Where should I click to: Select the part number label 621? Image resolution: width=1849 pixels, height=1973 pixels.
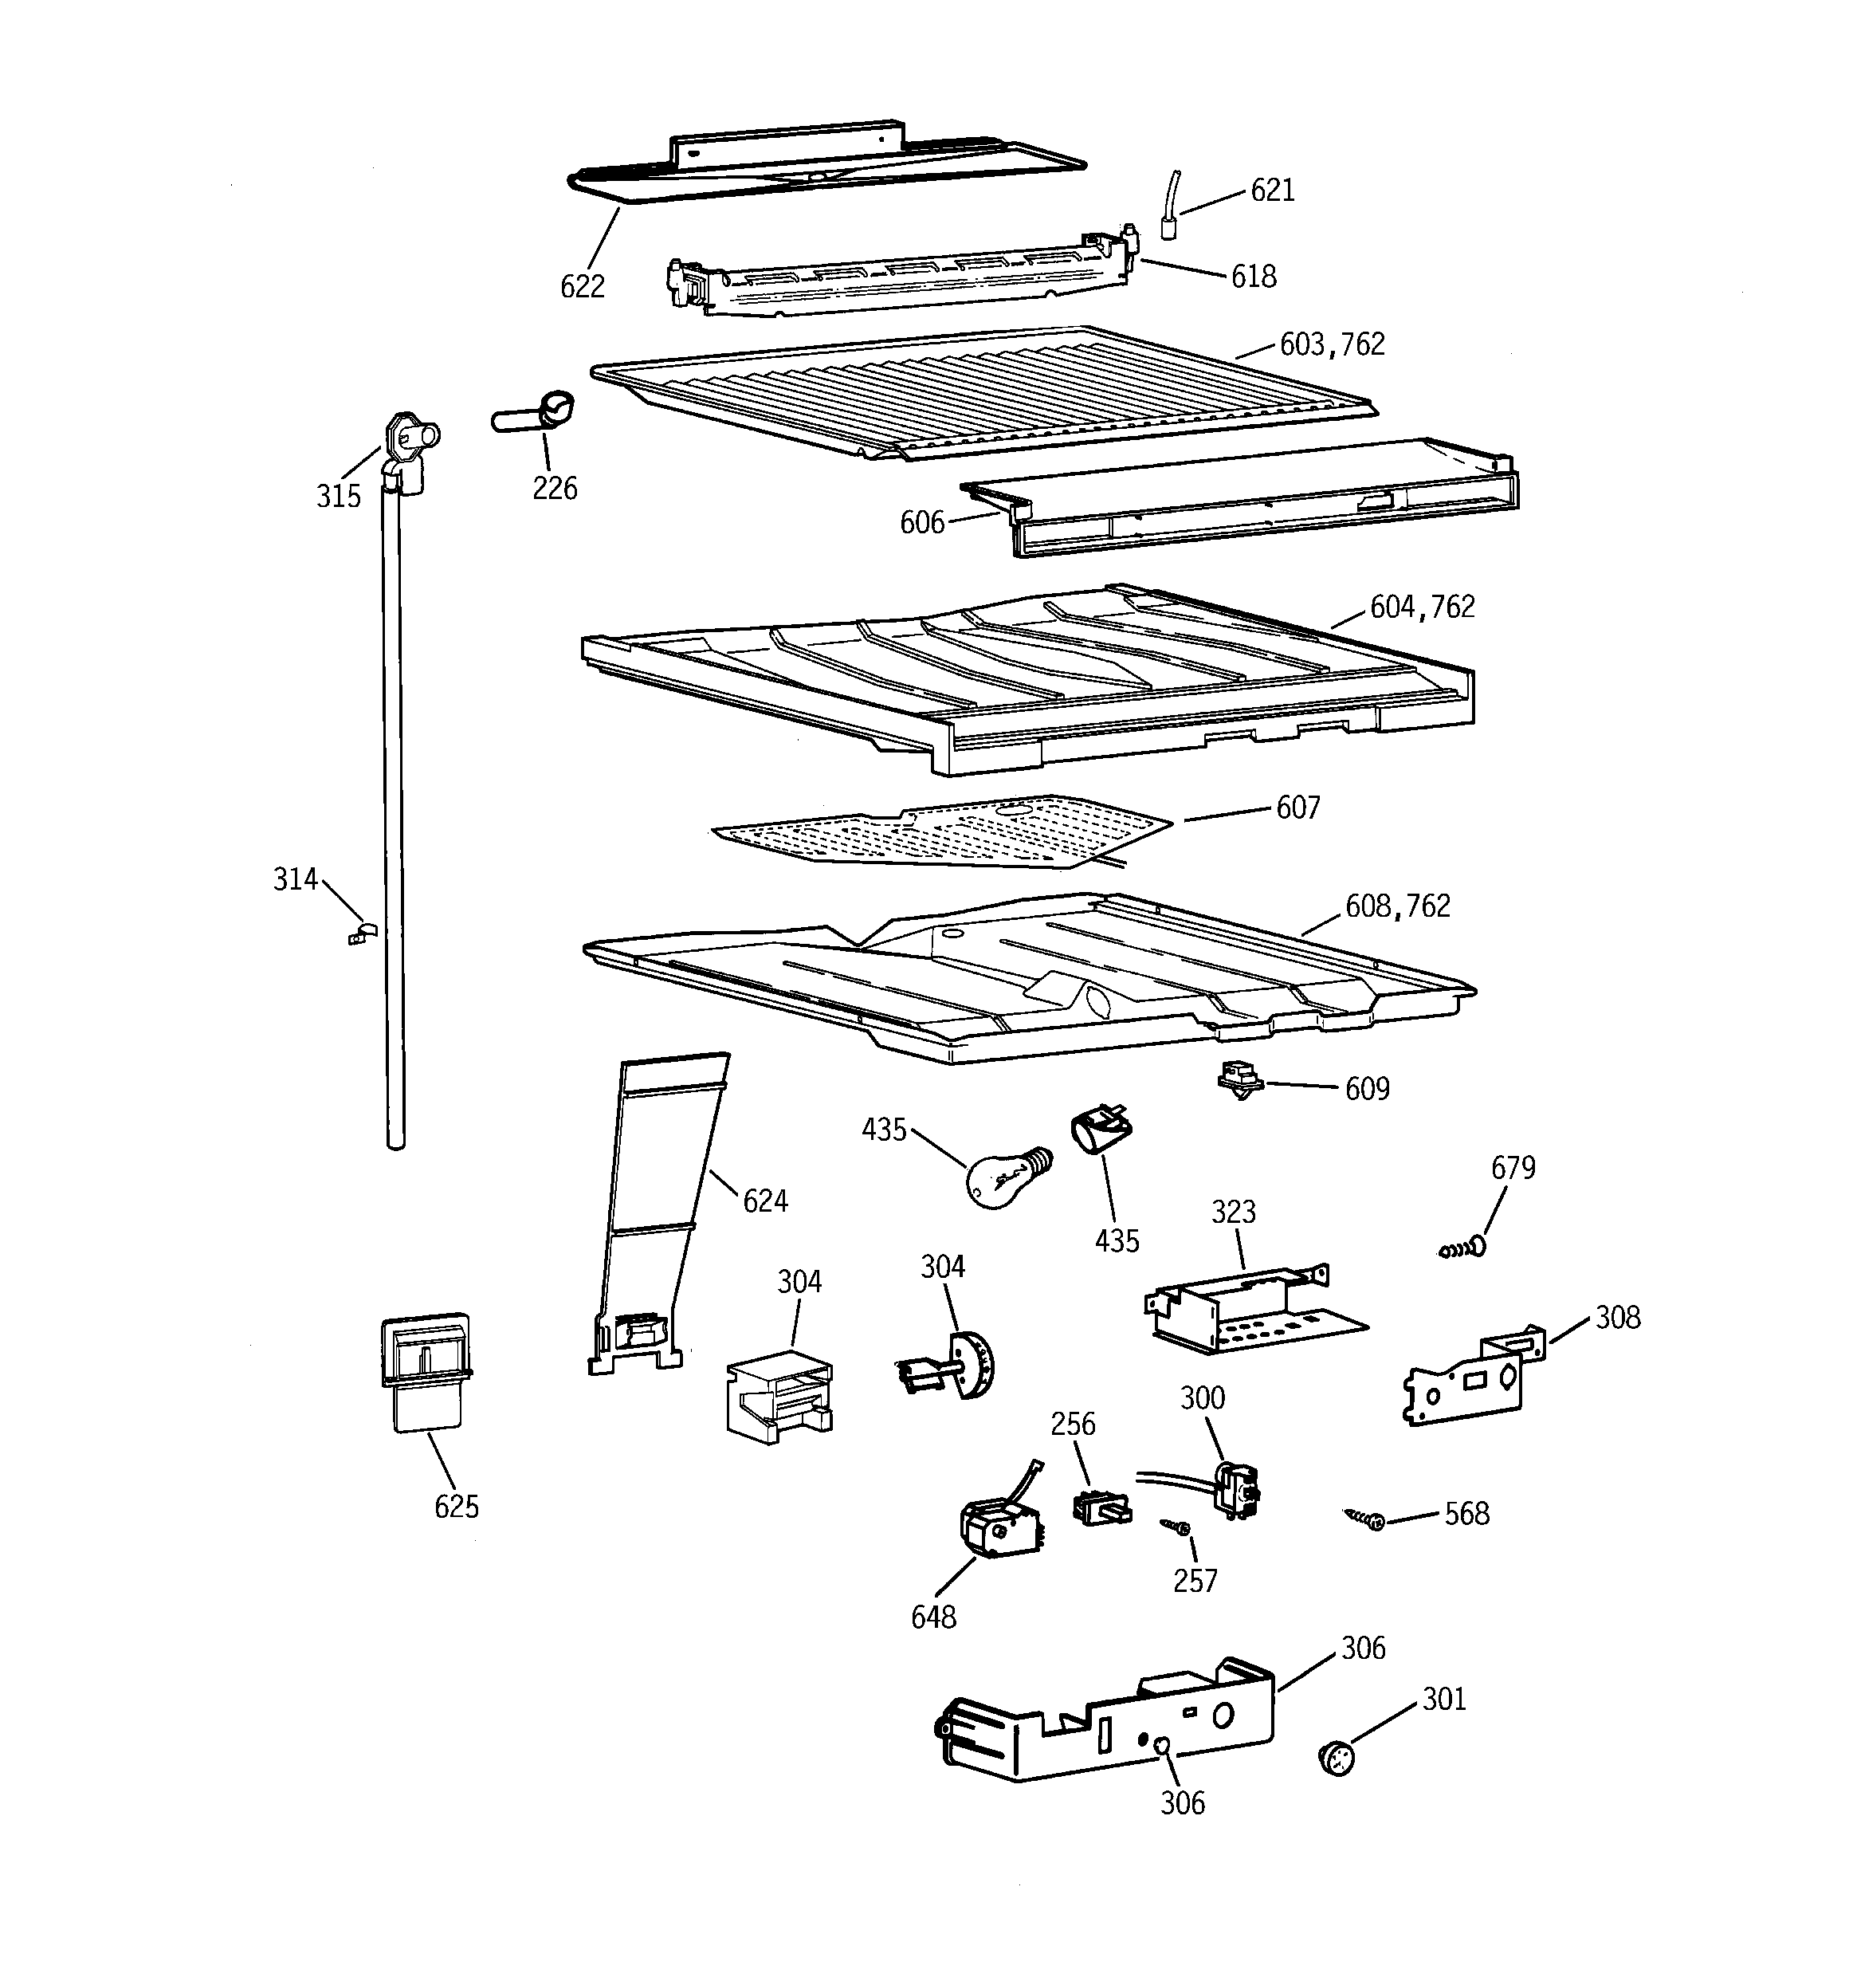[x=1271, y=191]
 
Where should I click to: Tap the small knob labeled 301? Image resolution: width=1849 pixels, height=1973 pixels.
[x=1338, y=1758]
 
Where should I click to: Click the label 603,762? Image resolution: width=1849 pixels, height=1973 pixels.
[x=1332, y=344]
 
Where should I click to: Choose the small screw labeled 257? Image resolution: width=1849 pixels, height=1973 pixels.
[x=1177, y=1527]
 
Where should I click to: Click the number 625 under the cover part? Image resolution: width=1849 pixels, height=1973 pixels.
[x=457, y=1507]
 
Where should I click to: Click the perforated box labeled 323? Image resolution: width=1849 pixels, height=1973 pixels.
[x=1246, y=1312]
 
